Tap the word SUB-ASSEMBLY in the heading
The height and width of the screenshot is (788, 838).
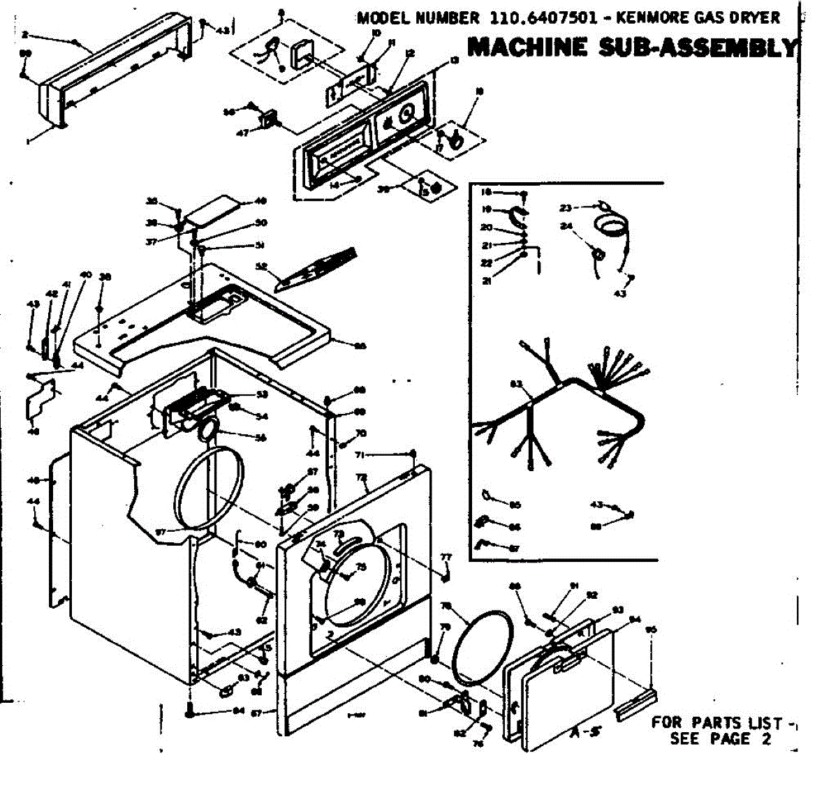[x=698, y=47]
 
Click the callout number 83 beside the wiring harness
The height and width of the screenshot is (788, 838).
[x=517, y=383]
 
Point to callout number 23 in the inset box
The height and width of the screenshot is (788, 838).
[x=566, y=207]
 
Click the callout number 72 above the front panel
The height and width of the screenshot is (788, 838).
[x=361, y=477]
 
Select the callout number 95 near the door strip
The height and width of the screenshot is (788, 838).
[x=652, y=630]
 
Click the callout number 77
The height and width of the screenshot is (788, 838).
[x=446, y=556]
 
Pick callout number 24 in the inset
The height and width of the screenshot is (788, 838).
[x=566, y=226]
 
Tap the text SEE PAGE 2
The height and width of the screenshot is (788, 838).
[x=720, y=739]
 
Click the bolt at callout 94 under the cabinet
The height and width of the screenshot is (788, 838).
[x=190, y=713]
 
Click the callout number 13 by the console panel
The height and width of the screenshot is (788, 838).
[x=455, y=61]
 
